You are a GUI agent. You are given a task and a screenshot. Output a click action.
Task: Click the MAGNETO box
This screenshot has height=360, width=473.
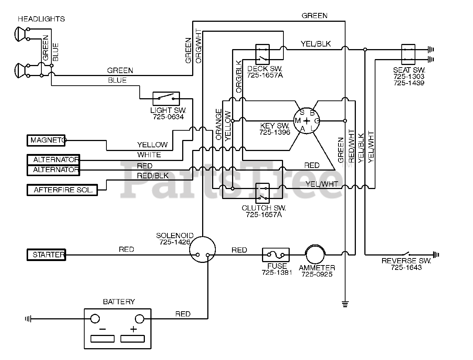(46, 140)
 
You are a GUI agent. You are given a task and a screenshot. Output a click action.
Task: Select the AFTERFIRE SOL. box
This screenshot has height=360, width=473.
(62, 190)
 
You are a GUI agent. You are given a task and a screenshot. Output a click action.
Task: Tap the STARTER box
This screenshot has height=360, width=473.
(46, 255)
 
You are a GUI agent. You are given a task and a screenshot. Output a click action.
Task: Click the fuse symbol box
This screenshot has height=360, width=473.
(276, 255)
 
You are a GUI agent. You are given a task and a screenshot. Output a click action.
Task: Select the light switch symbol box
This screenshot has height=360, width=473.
(166, 99)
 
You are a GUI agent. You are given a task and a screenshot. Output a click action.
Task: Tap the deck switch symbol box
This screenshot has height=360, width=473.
(262, 54)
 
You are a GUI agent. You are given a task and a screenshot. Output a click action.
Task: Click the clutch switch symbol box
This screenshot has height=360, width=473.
(262, 193)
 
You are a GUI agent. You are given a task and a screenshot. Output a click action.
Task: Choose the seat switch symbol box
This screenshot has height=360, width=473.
(408, 54)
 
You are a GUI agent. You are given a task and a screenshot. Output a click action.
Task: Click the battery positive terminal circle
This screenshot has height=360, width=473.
(139, 319)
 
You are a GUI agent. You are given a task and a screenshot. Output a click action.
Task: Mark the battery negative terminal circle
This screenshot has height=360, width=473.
(95, 319)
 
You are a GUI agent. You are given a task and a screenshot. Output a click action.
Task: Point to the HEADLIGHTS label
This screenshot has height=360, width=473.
(41, 19)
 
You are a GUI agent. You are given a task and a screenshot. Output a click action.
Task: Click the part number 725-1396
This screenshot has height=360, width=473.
(275, 132)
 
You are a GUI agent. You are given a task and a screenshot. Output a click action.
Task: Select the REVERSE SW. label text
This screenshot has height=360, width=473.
(406, 261)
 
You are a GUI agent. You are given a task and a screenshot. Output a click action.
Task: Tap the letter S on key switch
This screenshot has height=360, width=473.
(302, 112)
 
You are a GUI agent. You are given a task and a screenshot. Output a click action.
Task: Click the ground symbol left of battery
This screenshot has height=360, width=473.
(28, 319)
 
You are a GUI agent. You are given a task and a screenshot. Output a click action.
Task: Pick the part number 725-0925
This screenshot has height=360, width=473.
(317, 274)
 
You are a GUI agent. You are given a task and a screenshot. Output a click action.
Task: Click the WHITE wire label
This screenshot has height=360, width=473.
(149, 155)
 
